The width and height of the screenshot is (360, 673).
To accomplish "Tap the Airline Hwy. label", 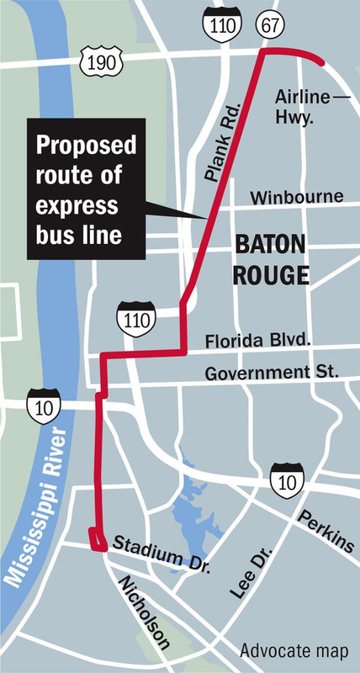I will pyautogui.click(x=303, y=107).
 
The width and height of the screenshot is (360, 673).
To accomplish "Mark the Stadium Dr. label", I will pyautogui.click(x=157, y=551).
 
